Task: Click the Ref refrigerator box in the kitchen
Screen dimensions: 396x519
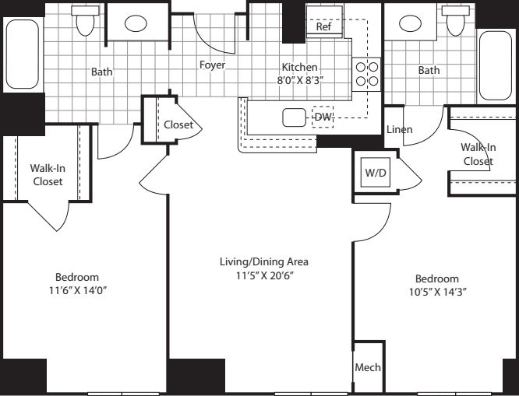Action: [324, 26]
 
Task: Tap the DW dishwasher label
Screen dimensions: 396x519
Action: [323, 117]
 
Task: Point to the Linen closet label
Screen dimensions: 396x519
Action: [400, 129]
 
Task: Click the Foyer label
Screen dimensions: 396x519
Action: [212, 65]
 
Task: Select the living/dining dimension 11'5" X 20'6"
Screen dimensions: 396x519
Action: [260, 275]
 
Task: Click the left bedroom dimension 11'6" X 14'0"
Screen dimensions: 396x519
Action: [76, 291]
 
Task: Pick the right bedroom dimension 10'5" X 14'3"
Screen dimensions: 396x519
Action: [436, 293]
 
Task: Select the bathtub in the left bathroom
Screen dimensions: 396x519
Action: [22, 54]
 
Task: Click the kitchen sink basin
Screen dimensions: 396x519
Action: [294, 118]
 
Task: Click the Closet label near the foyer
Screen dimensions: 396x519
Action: [178, 125]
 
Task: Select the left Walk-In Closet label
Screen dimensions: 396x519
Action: [46, 174]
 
